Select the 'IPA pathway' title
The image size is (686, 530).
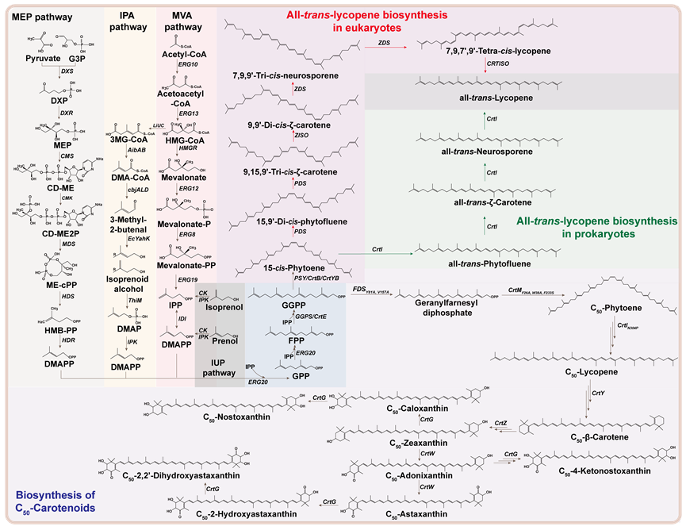tap(128, 21)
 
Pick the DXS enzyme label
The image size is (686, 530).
tap(68, 71)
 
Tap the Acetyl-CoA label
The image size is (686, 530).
tap(186, 48)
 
